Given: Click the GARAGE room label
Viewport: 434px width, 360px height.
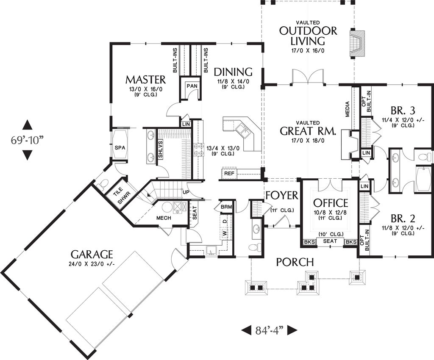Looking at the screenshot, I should click(x=92, y=254).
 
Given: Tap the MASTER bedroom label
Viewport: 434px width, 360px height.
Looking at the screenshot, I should click(x=145, y=80).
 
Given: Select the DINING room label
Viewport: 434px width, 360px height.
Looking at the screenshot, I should click(x=233, y=72).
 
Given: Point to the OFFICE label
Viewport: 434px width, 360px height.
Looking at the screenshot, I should click(x=331, y=203).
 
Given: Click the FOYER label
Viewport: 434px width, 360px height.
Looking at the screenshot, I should click(x=282, y=195).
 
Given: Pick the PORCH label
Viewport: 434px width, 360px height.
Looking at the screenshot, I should click(x=295, y=262).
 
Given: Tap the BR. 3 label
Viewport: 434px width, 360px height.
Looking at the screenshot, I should click(x=403, y=111).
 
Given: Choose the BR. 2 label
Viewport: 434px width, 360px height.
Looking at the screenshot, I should click(x=403, y=219).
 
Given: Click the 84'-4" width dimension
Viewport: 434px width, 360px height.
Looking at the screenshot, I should click(x=269, y=330).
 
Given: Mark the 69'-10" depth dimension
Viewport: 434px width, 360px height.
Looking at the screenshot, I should click(x=27, y=140).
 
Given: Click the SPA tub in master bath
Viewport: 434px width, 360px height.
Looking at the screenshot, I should click(x=119, y=147).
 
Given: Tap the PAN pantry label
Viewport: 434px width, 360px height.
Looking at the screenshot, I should click(x=192, y=86).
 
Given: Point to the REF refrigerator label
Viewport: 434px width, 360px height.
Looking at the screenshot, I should click(x=229, y=174).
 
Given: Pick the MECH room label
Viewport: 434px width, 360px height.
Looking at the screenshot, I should click(x=163, y=218).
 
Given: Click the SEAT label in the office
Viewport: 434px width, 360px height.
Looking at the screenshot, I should click(x=330, y=241).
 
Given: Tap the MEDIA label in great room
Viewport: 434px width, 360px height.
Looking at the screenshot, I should click(x=347, y=109).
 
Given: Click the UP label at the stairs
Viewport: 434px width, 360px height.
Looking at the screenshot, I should click(x=185, y=192).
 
